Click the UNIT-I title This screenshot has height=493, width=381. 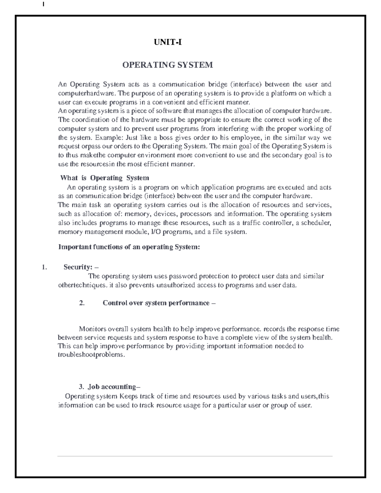tap(168, 42)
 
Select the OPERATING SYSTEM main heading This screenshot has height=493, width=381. tap(168, 65)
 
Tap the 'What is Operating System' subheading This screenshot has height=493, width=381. tap(105, 178)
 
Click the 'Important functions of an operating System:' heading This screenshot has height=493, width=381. tap(129, 247)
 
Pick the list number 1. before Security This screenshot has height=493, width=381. tap(44, 267)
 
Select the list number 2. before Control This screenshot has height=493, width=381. tap(82, 303)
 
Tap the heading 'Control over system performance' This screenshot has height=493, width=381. tap(156, 303)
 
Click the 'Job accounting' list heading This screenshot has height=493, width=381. tap(112, 387)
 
